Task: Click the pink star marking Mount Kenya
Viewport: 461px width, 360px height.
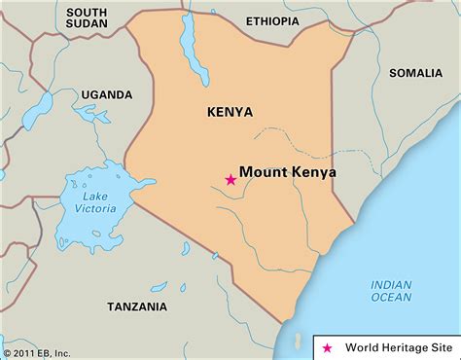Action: pos(230,179)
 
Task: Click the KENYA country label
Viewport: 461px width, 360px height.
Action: pos(230,113)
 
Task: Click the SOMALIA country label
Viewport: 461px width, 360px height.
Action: pos(415,73)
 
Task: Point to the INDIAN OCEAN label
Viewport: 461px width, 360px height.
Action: pos(391,292)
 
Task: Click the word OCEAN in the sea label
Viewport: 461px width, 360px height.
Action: pos(391,300)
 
